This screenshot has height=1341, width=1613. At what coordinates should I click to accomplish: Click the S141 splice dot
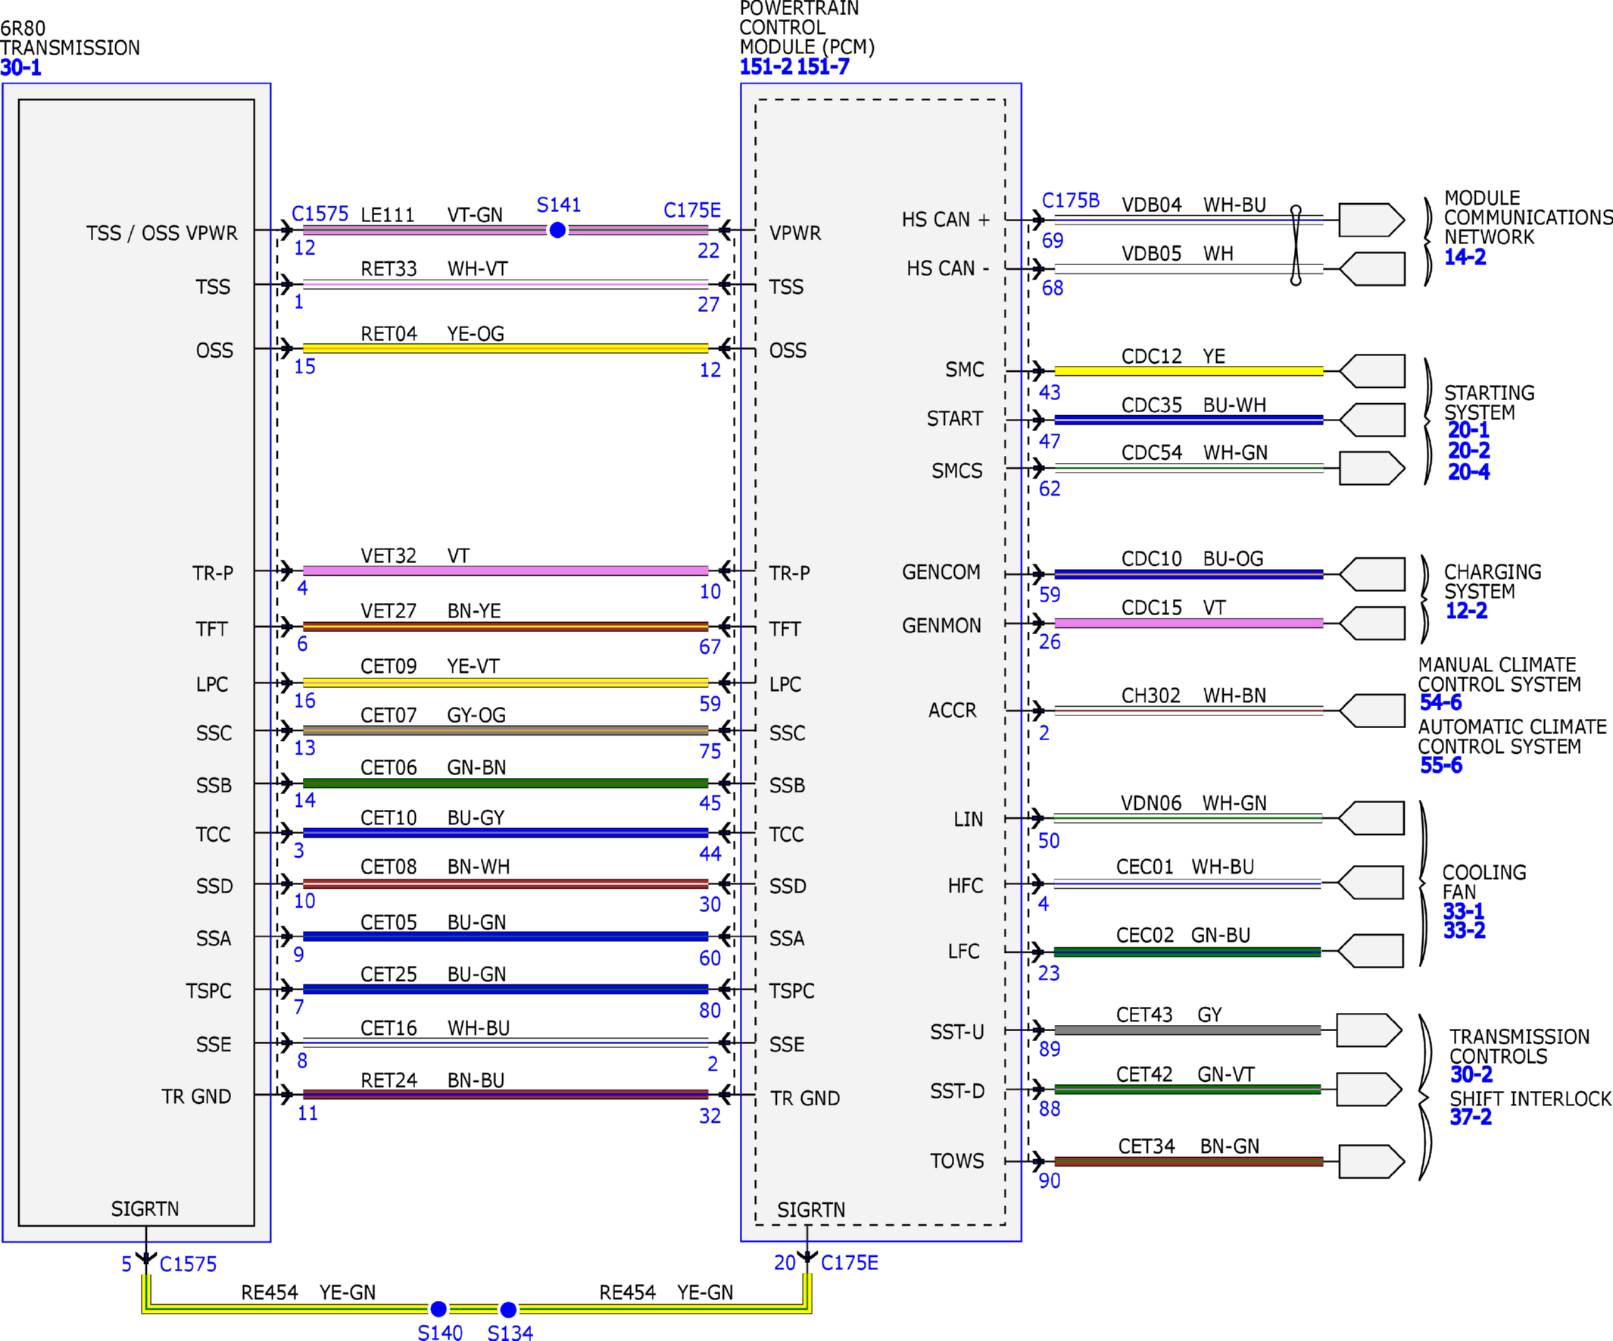click(557, 230)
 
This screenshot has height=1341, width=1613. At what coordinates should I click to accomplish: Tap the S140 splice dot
click(438, 1308)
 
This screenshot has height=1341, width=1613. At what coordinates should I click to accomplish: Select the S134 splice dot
click(508, 1309)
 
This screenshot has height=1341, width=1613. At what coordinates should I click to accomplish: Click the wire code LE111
click(388, 214)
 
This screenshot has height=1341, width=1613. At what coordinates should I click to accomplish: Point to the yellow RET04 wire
click(505, 348)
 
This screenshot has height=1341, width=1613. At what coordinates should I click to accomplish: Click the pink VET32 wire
click(505, 570)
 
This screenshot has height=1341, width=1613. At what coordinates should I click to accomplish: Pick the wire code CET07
click(388, 715)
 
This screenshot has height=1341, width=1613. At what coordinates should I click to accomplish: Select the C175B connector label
click(1071, 201)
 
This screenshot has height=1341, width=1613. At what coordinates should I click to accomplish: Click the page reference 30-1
click(20, 67)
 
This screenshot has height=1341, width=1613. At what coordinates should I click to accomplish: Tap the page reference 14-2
click(1465, 258)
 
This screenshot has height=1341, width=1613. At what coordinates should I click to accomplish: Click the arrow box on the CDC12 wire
click(1373, 371)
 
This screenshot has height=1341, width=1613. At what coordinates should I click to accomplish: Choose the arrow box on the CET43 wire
click(1369, 1030)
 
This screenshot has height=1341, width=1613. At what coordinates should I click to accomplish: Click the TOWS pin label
click(957, 1161)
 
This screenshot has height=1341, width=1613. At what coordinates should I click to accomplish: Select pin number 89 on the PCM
click(1050, 1049)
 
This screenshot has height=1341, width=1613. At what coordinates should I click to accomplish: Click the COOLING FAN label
click(1484, 882)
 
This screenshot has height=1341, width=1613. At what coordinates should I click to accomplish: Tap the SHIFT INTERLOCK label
click(1530, 1099)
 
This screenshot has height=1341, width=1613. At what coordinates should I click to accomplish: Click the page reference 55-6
click(1441, 765)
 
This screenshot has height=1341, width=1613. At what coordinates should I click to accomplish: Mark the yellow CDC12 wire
click(1188, 371)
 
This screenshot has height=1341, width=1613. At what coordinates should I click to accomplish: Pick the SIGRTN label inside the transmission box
click(145, 1209)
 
